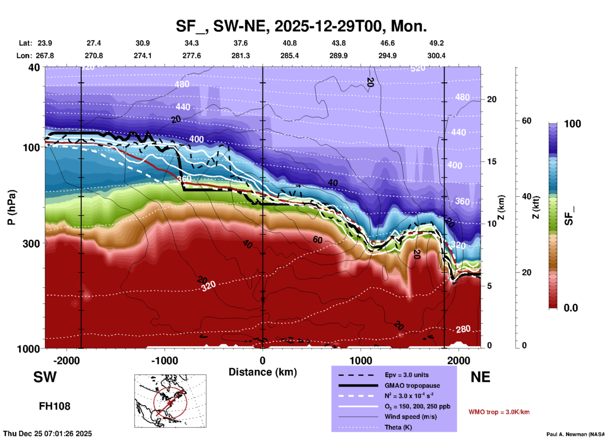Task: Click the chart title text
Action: [301, 26]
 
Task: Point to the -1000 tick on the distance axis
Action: [164, 361]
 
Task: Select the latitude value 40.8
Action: [289, 43]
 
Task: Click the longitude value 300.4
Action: [436, 56]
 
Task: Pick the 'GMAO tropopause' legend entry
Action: [412, 386]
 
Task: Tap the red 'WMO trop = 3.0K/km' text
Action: [499, 412]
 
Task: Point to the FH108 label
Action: [55, 406]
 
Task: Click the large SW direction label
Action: [45, 377]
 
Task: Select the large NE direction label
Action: [480, 377]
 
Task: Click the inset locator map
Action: [170, 401]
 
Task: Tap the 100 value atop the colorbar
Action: [572, 124]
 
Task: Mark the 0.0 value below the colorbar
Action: [571, 308]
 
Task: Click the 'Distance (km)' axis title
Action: [263, 372]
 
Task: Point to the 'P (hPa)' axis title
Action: [12, 207]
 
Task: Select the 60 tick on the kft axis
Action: [526, 121]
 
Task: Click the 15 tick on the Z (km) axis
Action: [492, 162]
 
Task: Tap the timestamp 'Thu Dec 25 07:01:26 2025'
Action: [48, 434]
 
